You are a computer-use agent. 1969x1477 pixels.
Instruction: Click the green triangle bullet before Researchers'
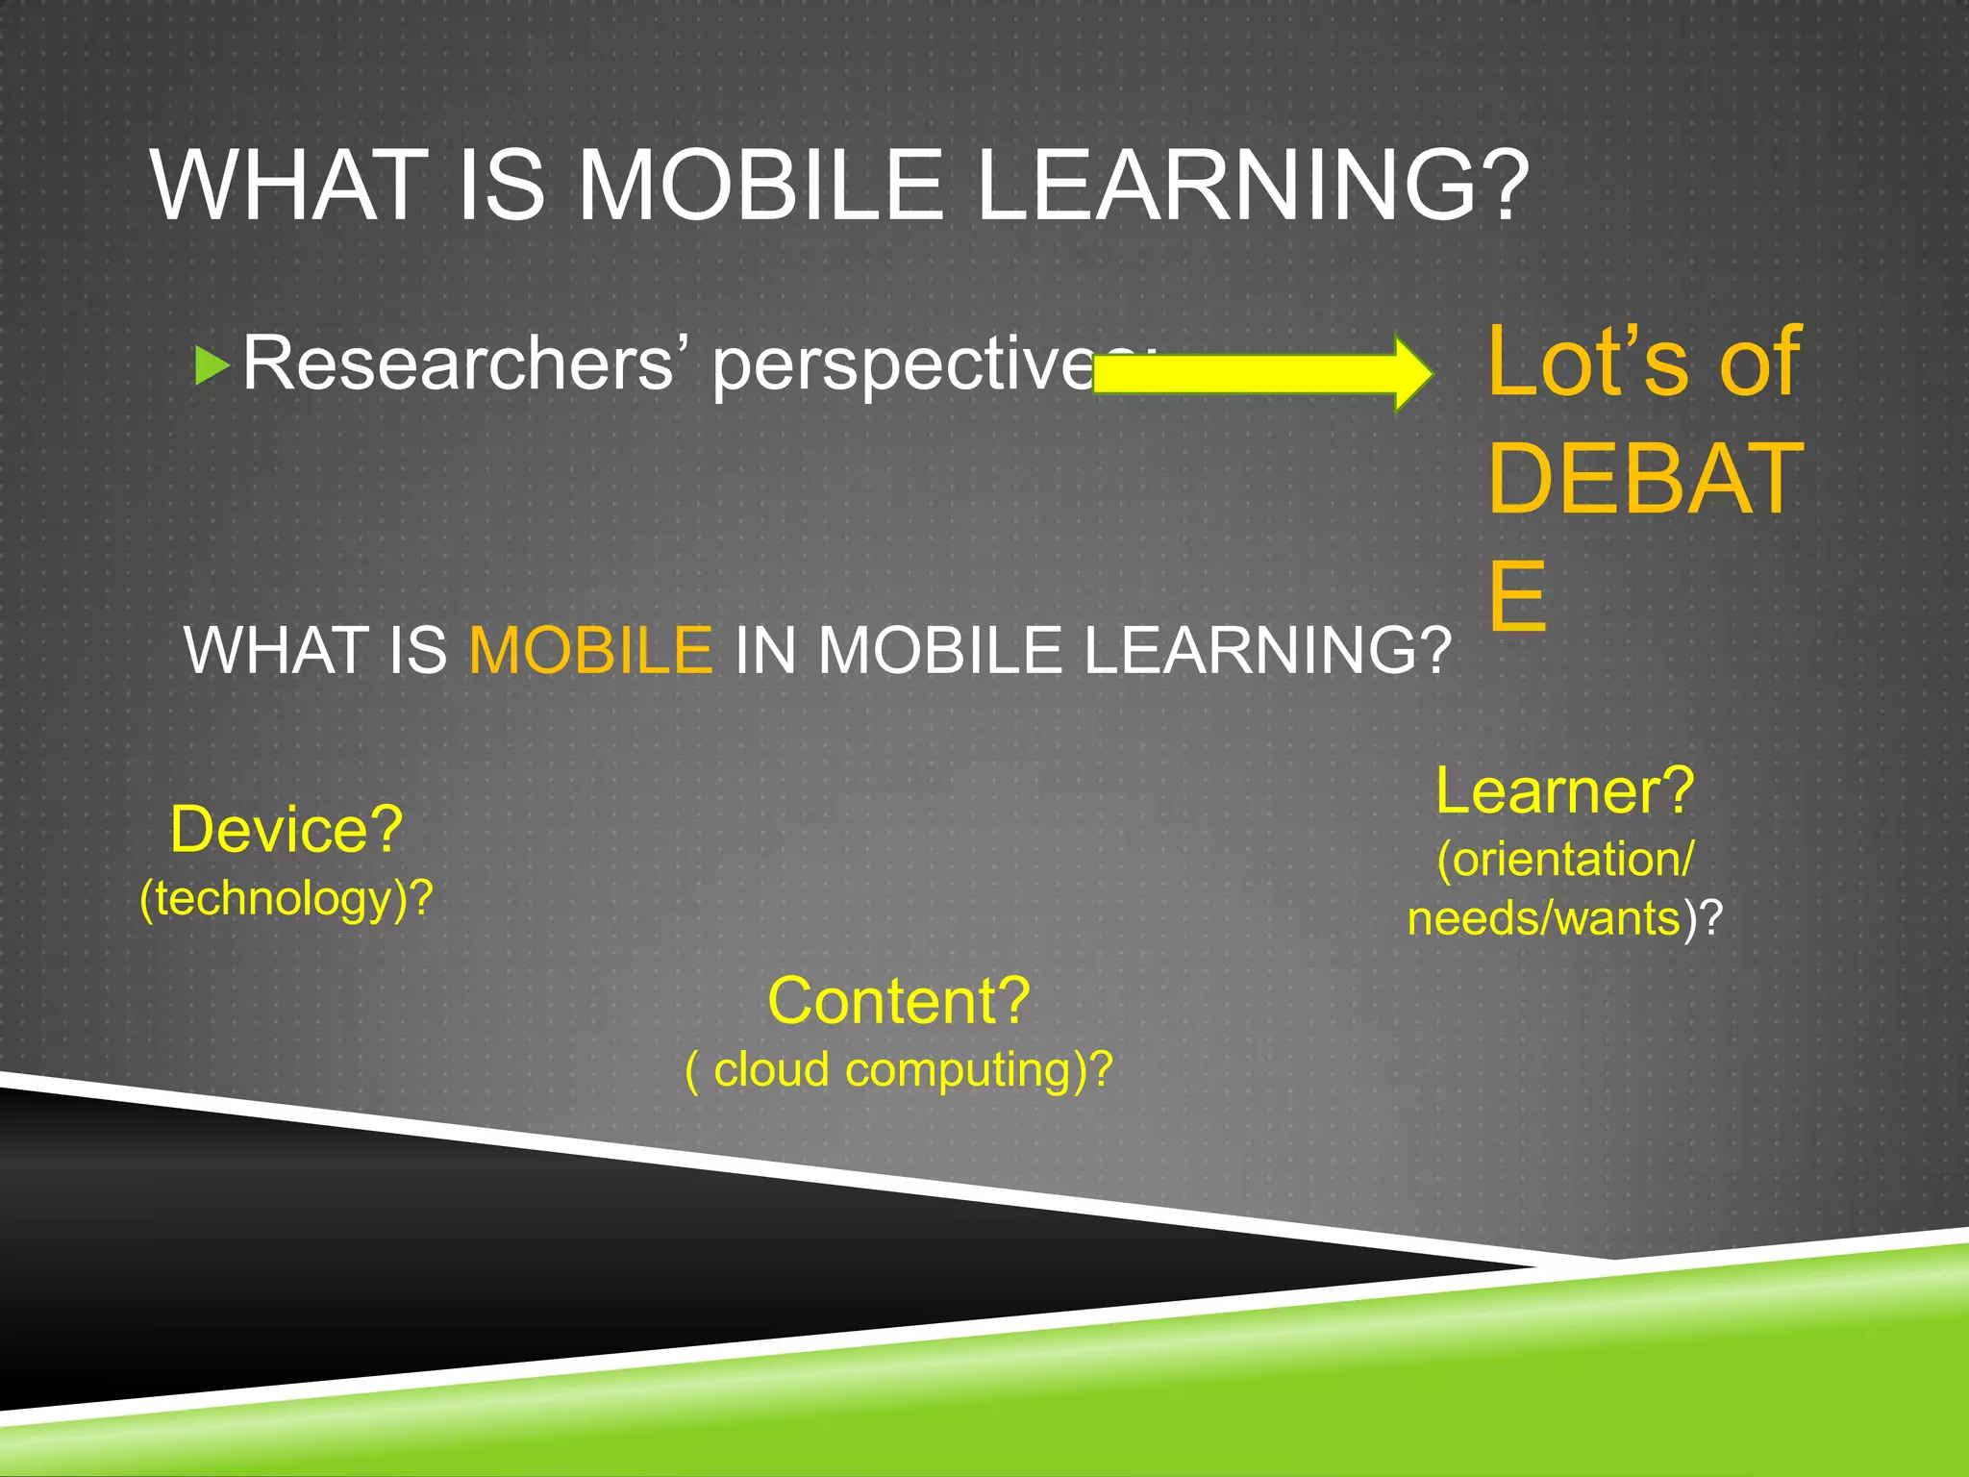(x=212, y=366)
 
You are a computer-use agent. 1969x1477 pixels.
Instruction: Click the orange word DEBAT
(x=1644, y=479)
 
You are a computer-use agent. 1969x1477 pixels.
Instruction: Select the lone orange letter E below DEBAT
(x=1517, y=596)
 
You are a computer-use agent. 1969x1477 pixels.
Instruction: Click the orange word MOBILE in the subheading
(x=590, y=651)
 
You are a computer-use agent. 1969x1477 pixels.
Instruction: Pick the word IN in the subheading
(x=764, y=651)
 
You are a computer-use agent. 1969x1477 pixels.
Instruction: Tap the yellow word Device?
(x=286, y=829)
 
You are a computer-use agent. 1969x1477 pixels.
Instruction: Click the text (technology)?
(x=286, y=899)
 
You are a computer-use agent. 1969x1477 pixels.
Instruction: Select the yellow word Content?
(x=898, y=1001)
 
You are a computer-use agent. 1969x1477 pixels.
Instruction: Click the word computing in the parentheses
(x=958, y=1069)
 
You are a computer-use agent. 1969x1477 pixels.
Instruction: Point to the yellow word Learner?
(x=1564, y=791)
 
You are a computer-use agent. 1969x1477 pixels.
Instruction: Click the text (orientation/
(x=1564, y=859)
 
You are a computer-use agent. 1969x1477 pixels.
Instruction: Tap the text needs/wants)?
(x=1564, y=918)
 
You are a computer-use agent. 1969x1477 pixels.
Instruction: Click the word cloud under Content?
(x=770, y=1069)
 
